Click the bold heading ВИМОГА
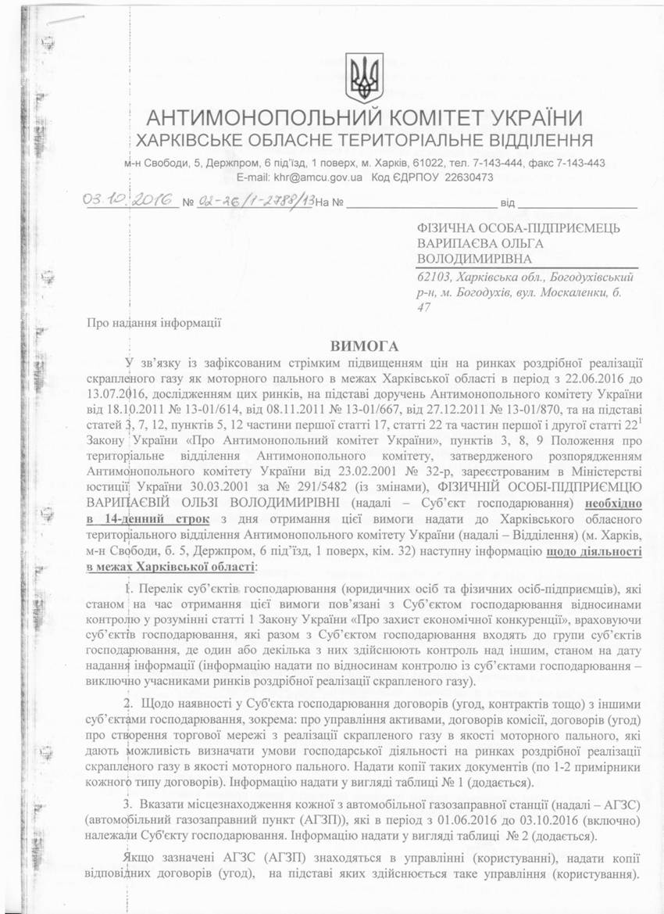click(x=364, y=345)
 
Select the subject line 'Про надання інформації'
click(x=155, y=321)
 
